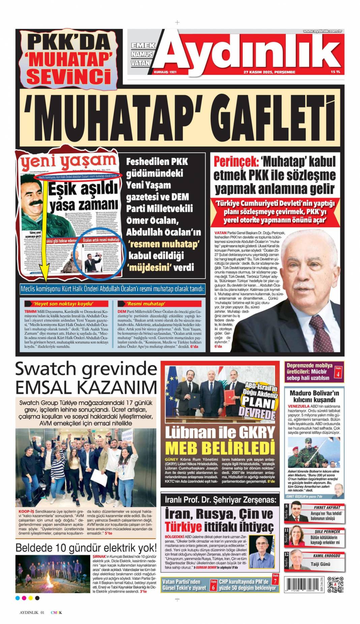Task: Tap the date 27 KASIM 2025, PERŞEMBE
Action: [269, 72]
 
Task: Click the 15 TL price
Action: [335, 72]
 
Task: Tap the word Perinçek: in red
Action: [236, 161]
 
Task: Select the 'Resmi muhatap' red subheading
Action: [145, 303]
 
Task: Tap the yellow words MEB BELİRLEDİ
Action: [220, 448]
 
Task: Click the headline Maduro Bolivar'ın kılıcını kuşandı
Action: [314, 396]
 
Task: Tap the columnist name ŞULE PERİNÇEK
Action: [327, 531]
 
